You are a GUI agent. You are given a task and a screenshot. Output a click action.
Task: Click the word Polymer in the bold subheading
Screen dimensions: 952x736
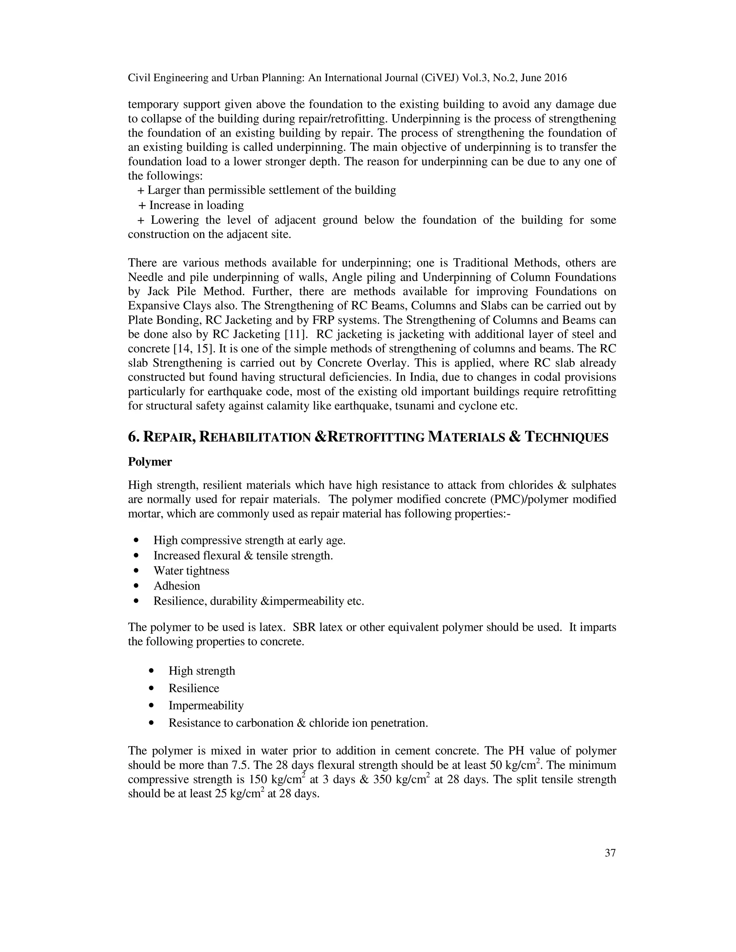(149, 462)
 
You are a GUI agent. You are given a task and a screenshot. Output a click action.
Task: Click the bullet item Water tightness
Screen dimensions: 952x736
(191, 570)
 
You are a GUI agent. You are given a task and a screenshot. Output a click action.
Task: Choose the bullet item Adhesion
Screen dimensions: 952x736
(176, 586)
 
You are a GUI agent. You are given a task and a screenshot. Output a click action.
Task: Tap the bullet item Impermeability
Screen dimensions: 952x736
(206, 705)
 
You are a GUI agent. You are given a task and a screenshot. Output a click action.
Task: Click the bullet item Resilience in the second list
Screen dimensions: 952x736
(194, 688)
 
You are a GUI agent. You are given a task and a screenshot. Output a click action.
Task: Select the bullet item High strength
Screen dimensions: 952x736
(202, 671)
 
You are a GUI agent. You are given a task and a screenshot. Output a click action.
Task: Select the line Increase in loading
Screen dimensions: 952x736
(196, 205)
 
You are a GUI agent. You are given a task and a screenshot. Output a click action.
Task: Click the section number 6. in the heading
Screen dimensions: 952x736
(133, 437)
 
